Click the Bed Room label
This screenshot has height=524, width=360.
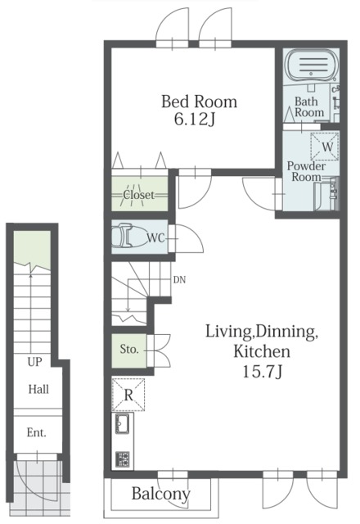199,102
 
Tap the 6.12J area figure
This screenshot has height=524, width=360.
194,120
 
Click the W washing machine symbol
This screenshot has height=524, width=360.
325,147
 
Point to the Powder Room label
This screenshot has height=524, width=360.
306,171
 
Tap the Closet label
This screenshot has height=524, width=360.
139,195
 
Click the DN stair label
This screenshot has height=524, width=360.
179,280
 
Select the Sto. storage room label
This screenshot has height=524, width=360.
129,350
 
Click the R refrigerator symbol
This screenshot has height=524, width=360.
128,395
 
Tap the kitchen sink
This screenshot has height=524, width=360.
123,424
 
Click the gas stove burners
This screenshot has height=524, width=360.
123,459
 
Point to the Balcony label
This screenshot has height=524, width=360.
161,494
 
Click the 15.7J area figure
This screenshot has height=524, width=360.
263,372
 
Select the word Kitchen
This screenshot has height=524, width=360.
262,351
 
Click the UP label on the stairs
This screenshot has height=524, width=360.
34,362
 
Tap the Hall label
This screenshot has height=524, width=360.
38,390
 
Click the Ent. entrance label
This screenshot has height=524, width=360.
36,433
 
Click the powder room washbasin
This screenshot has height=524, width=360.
326,196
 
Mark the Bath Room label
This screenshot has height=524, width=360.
309,107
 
